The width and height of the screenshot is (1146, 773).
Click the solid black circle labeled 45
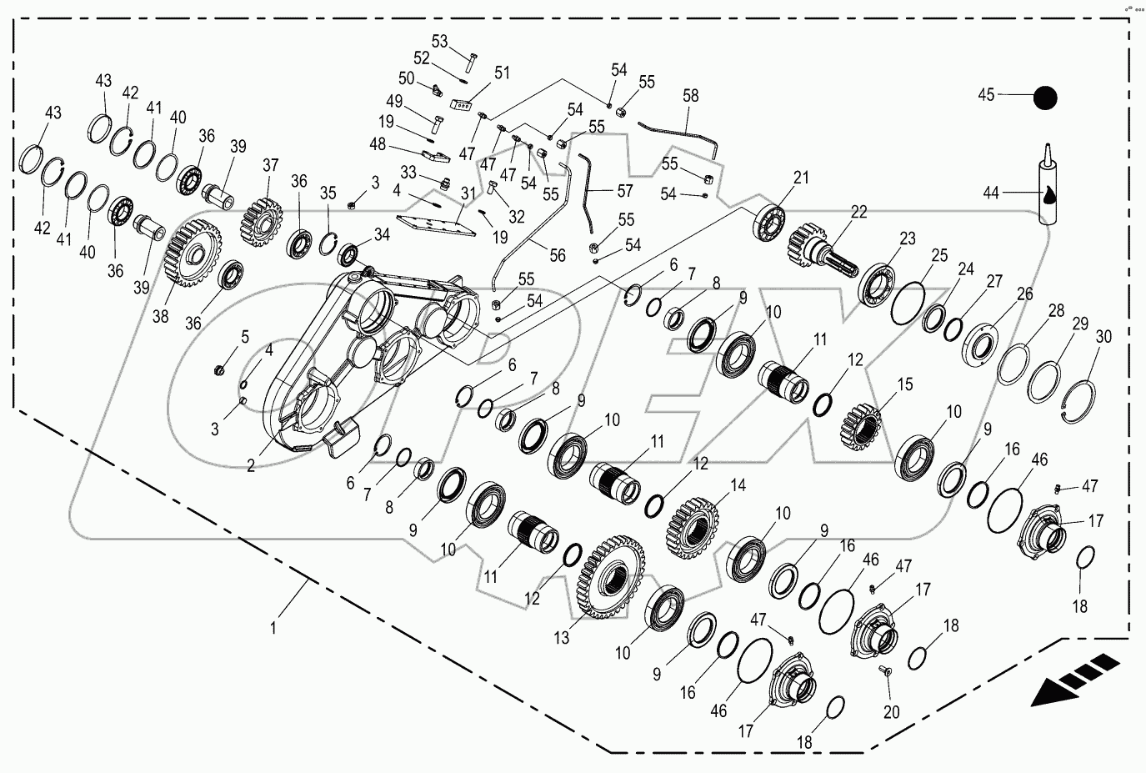pyautogui.click(x=1045, y=98)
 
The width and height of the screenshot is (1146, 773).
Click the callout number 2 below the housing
pyautogui.click(x=250, y=465)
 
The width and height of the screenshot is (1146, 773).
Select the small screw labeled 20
pyautogui.click(x=884, y=671)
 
